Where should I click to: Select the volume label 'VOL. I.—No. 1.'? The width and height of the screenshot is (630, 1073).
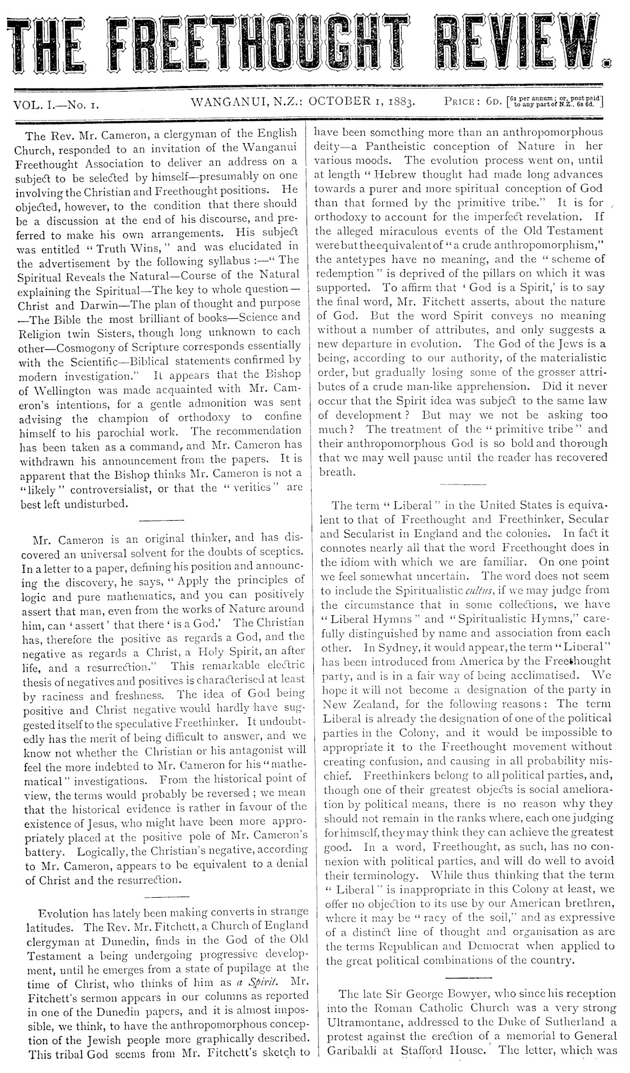point(56,104)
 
